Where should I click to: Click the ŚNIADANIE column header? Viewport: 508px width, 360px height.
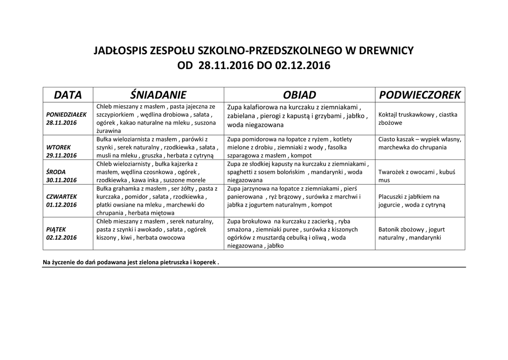click(x=158, y=95)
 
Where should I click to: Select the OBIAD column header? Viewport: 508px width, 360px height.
click(x=299, y=95)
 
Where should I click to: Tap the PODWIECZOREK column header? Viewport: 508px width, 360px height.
click(x=420, y=95)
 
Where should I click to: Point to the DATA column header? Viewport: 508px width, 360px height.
click(x=68, y=95)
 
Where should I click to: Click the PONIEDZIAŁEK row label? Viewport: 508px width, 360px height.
click(x=66, y=114)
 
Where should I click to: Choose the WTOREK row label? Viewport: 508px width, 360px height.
click(x=59, y=147)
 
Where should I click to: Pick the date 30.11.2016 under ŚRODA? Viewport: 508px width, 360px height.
click(x=62, y=180)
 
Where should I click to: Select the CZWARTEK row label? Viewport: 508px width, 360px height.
click(x=62, y=197)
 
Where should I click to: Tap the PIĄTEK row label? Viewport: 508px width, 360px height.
click(x=56, y=229)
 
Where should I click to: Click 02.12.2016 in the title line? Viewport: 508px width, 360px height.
click(x=300, y=66)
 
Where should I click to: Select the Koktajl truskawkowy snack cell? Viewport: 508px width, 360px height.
click(x=417, y=118)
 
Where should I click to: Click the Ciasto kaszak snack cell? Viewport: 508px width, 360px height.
click(x=420, y=143)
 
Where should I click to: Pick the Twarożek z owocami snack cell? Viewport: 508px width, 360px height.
click(x=417, y=176)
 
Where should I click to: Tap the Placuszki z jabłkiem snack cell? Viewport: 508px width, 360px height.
click(x=412, y=200)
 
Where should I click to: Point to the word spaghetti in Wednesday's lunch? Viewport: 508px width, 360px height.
click(x=241, y=172)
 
